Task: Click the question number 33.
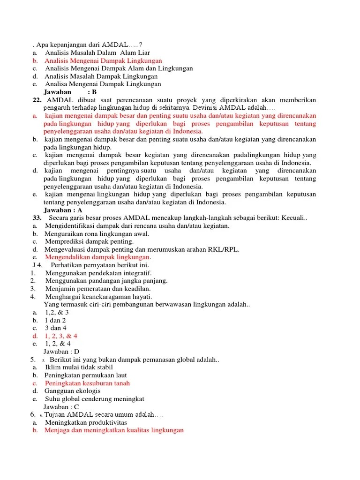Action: (x=37, y=218)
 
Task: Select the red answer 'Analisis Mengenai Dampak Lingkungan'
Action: (x=103, y=61)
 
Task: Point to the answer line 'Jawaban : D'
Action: (x=61, y=351)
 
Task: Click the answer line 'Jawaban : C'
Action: (x=61, y=407)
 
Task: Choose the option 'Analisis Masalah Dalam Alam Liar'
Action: (x=97, y=53)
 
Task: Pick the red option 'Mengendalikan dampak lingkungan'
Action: (x=98, y=257)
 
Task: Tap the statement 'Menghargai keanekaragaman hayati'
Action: (x=98, y=297)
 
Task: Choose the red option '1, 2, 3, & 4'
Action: (x=61, y=336)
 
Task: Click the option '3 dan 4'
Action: (x=56, y=328)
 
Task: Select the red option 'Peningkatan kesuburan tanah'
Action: (x=87, y=383)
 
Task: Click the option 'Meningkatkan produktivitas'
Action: (x=86, y=422)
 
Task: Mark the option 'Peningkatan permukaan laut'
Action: (x=86, y=375)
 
